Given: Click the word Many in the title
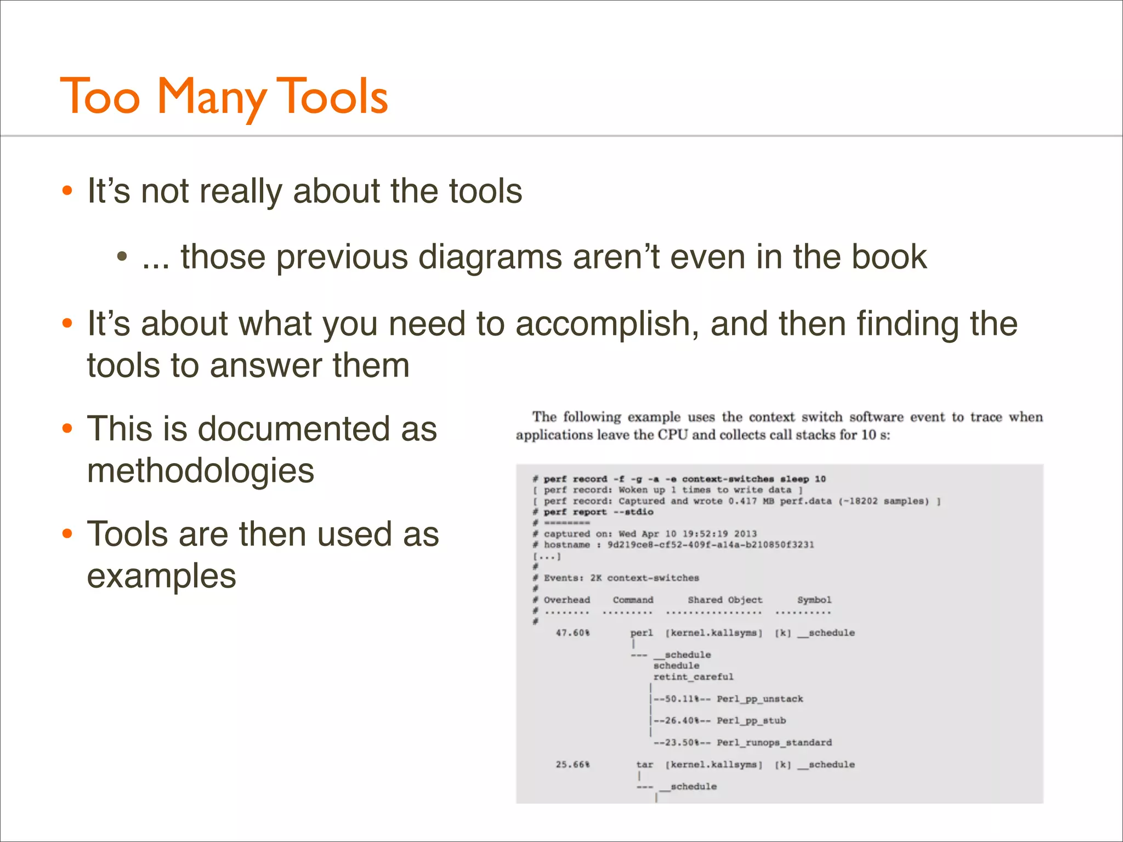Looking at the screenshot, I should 211,97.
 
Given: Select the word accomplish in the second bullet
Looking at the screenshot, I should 607,323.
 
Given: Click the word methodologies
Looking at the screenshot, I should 201,470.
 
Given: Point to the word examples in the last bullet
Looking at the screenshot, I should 162,576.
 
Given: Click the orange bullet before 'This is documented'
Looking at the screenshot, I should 67,428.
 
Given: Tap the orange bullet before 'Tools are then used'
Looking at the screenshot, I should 67,534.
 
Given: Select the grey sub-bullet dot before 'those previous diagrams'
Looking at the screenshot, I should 122,257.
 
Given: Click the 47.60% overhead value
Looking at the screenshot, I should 572,633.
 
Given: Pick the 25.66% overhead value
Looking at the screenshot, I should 572,764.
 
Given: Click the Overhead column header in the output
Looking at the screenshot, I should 566,600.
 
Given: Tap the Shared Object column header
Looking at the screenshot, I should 725,600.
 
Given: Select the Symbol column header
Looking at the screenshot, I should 814,600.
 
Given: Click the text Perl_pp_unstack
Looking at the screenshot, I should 759,699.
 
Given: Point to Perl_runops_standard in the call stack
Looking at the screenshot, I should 774,743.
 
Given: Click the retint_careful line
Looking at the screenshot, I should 693,677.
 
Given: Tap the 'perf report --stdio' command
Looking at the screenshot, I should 598,512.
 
